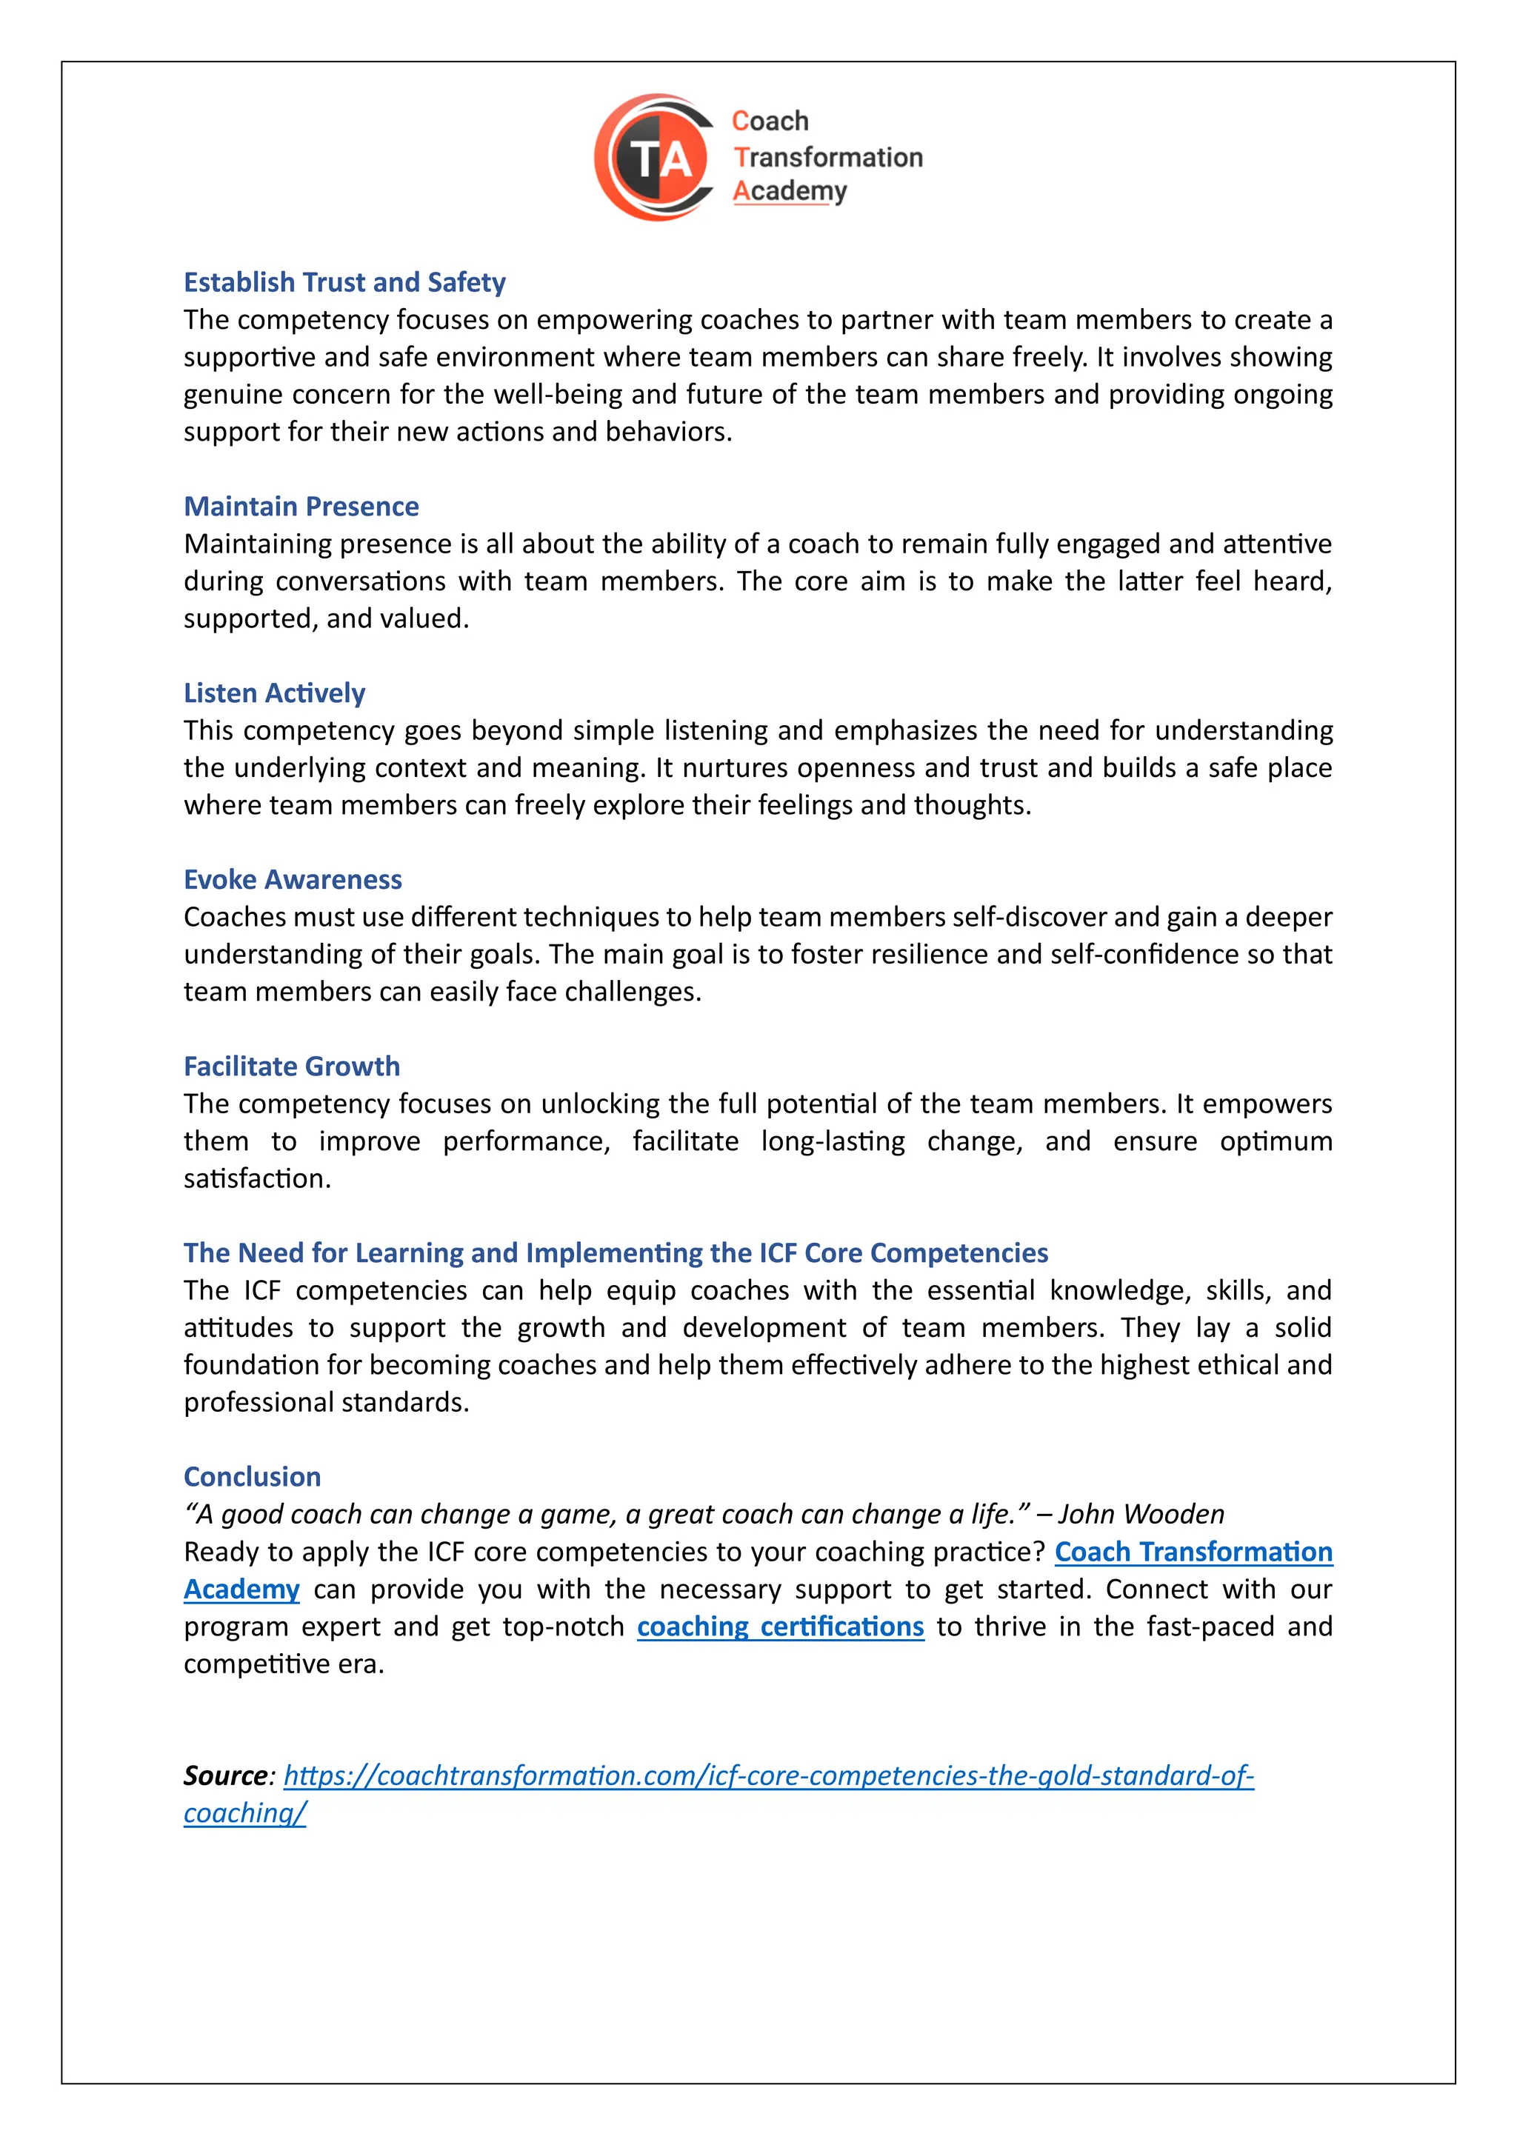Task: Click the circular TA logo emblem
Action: coord(657,157)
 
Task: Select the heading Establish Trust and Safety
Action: coord(344,282)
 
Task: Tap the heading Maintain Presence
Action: coord(301,507)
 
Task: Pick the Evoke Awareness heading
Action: coord(293,880)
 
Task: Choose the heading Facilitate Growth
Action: coord(291,1066)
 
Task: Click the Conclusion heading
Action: coord(252,1477)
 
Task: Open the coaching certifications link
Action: coord(780,1627)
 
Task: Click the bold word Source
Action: coord(225,1776)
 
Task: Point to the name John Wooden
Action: coord(1141,1515)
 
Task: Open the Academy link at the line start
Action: coord(241,1589)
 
